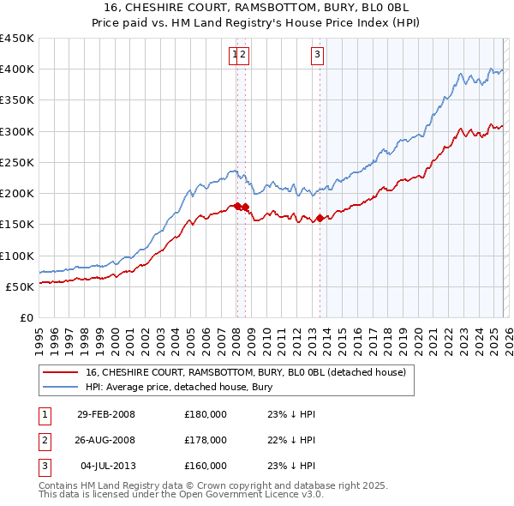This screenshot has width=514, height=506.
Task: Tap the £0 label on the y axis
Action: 26,317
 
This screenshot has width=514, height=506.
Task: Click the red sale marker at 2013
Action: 320,218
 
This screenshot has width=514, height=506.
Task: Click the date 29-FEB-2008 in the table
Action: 105,414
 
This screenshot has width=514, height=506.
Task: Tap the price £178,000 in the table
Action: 205,440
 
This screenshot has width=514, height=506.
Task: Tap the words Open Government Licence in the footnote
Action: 236,495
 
